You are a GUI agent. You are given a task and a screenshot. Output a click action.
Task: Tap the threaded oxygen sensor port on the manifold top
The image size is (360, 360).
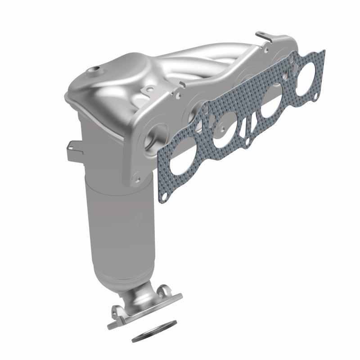(x=95, y=69)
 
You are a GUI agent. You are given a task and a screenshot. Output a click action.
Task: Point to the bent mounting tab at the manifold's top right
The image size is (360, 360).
(x=261, y=35)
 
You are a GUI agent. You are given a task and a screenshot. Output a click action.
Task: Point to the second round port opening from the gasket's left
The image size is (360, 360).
(x=224, y=132)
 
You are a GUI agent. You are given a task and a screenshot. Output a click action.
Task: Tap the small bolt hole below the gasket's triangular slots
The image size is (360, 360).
(x=248, y=143)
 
